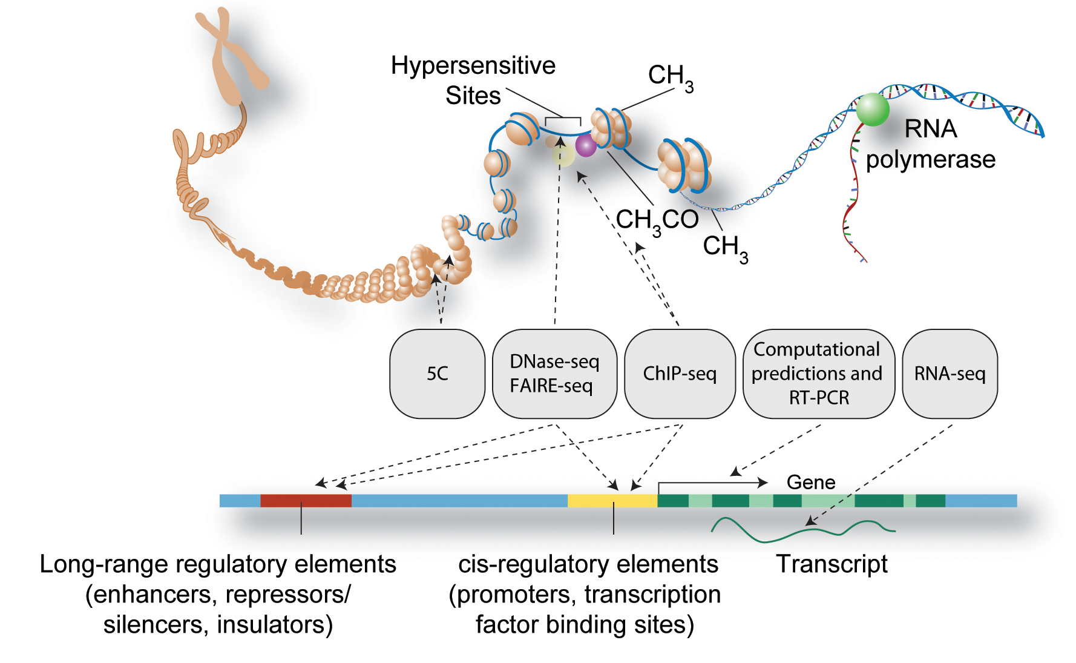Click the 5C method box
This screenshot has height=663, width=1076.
pos(437,374)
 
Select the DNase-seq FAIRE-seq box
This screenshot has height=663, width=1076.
pos(554,374)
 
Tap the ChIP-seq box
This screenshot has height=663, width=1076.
pos(680,374)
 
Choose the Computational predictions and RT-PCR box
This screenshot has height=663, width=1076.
pos(818,374)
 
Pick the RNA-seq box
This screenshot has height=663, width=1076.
pos(950,374)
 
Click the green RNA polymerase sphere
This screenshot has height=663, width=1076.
pos(872,109)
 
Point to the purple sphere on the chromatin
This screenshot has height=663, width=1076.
pos(586,145)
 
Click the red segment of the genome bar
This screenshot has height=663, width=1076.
pos(306,501)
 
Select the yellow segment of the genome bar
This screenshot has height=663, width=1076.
pos(612,501)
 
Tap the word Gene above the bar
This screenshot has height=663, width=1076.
pos(811,483)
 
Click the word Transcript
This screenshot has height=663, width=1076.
pos(832,564)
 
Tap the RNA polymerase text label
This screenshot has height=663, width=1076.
pos(930,144)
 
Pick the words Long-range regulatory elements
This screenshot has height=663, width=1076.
pos(218,564)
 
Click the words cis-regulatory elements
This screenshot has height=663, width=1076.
pos(588,564)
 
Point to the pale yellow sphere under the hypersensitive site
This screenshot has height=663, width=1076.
pos(563,155)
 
